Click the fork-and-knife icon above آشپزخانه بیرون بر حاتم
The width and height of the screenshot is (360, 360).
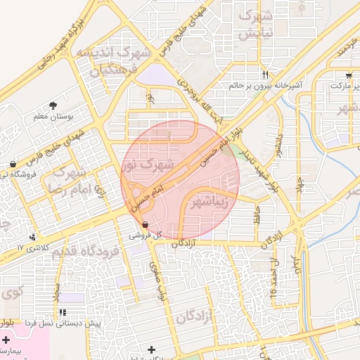pos(265,74)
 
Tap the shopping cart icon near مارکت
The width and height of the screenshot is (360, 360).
pos(349,75)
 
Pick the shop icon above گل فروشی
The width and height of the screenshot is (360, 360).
pos(144,224)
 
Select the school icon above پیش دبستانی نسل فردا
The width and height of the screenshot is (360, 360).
pos(63,312)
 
